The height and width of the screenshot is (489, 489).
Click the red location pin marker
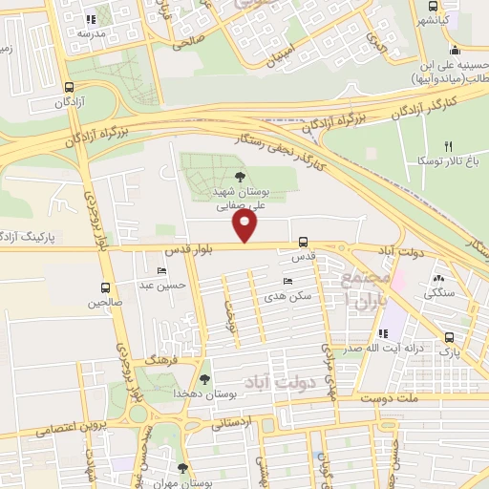[245, 226]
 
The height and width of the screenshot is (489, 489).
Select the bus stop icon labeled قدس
[303, 242]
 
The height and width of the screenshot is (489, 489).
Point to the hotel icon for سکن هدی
[288, 282]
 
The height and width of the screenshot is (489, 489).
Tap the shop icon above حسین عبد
[174, 270]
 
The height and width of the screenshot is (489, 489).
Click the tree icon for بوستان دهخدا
[203, 379]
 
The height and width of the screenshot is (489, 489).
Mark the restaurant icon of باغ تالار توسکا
[447, 146]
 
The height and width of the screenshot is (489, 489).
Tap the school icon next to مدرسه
[91, 18]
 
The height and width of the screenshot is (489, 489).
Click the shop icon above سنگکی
[439, 280]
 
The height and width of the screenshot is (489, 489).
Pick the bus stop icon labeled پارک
[449, 337]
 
